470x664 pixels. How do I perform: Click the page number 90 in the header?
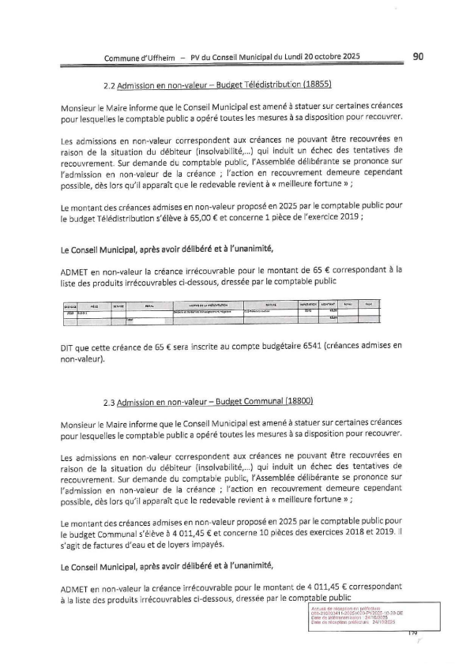pyautogui.click(x=419, y=56)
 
